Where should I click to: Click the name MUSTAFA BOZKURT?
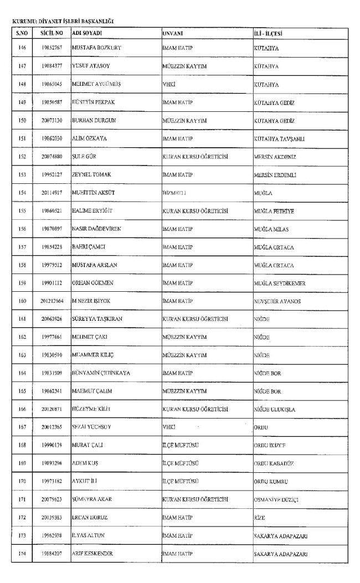97,48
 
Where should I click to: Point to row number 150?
22,121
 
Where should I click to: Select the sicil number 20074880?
52,157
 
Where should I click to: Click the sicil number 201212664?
52,301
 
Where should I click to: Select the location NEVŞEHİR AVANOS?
279,301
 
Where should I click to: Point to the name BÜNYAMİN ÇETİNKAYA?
101,373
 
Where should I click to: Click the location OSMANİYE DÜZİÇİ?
276,499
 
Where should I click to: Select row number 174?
22,554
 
